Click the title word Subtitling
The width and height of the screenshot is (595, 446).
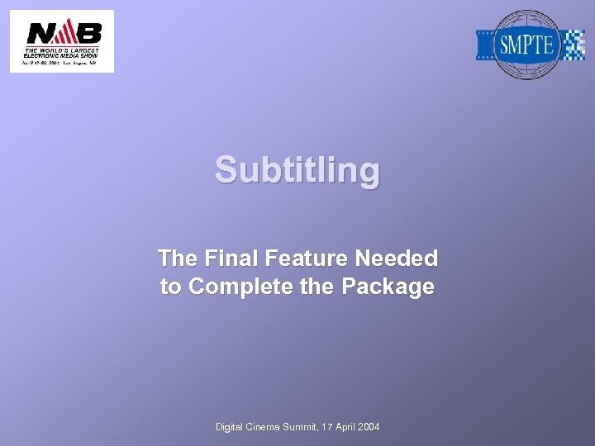click(x=297, y=170)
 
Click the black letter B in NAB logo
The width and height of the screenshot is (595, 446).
click(x=88, y=33)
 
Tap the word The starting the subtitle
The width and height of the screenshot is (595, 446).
click(x=176, y=259)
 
